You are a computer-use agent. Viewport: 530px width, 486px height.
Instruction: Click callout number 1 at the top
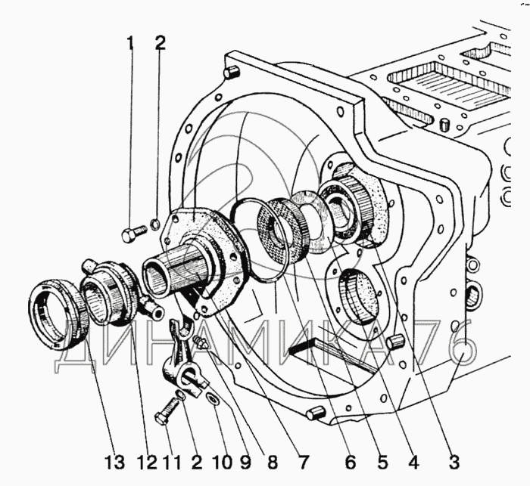coord(130,44)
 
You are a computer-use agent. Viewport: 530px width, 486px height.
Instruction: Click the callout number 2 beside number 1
coord(160,44)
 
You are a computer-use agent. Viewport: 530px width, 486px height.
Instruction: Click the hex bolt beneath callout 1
coord(133,234)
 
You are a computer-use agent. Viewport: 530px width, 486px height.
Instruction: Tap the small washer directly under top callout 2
coord(154,224)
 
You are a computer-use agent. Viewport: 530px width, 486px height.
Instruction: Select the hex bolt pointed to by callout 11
coord(167,410)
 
